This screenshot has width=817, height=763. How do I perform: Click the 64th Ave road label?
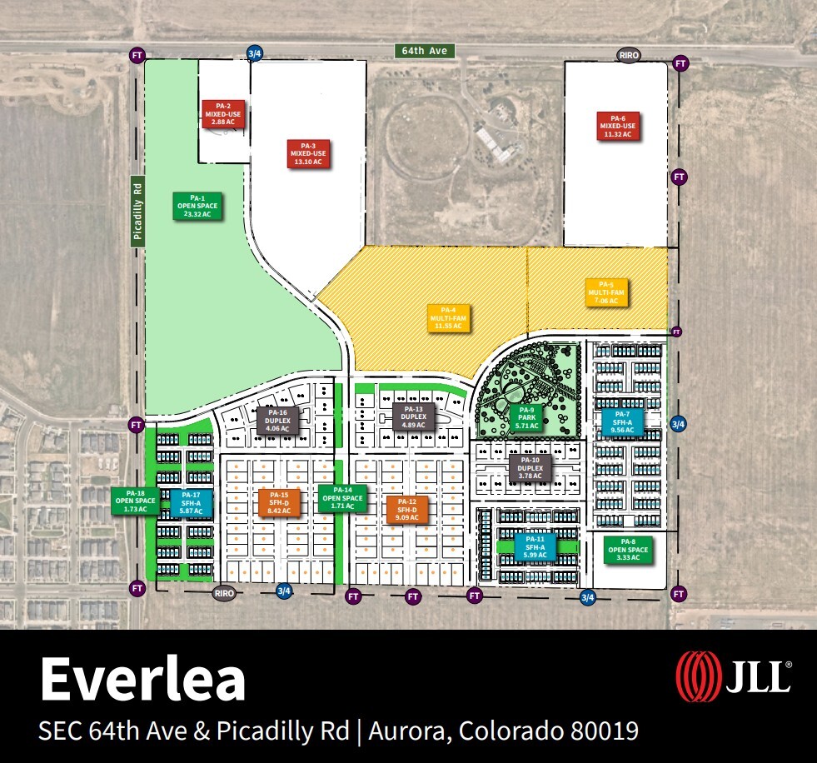[x=426, y=51]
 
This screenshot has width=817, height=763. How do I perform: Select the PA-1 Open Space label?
[x=197, y=206]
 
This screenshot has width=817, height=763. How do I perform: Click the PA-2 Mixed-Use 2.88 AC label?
[x=223, y=113]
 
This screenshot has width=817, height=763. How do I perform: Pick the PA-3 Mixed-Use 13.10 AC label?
[x=308, y=154]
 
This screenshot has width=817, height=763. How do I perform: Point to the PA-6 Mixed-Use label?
[x=617, y=126]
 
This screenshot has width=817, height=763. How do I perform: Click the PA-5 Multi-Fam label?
[x=606, y=292]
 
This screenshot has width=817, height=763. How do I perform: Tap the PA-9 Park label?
[x=526, y=417]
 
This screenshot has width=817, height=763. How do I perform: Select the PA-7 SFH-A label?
[x=622, y=421]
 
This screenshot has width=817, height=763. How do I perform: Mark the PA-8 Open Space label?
[x=628, y=550]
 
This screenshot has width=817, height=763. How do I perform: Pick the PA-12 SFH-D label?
[x=407, y=509]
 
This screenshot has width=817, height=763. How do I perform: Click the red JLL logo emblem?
[x=697, y=676]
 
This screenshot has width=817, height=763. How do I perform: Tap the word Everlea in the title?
[x=142, y=680]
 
